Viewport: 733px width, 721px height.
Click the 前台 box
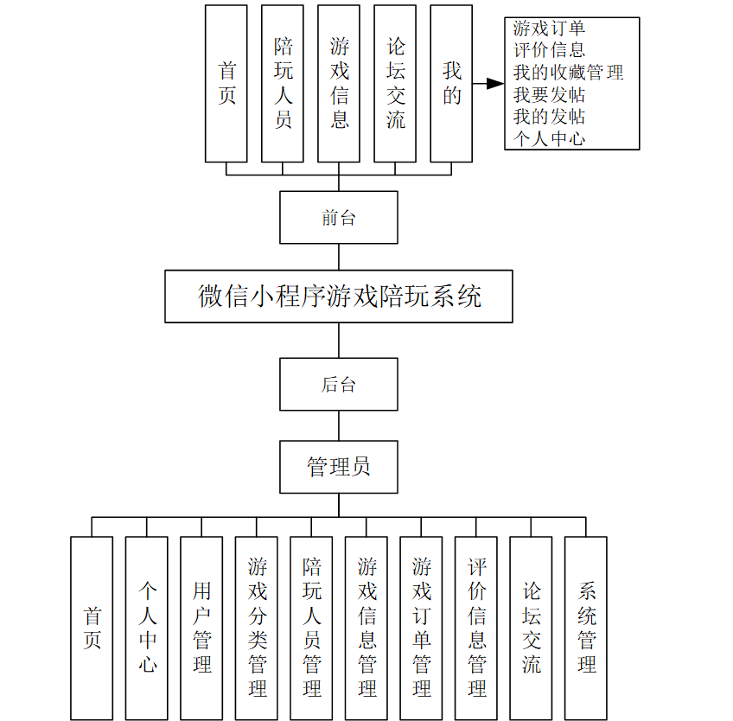(339, 218)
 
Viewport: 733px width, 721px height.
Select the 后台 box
(339, 385)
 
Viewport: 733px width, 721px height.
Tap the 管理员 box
(339, 467)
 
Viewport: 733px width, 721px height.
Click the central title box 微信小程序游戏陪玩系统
(339, 297)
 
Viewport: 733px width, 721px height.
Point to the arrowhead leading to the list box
(495, 84)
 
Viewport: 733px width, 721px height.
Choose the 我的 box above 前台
(451, 84)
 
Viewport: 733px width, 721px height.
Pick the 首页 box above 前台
(226, 84)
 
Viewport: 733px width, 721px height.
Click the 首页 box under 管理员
(92, 628)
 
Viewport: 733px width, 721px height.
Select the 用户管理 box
(201, 628)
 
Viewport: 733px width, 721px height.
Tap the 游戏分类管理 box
(257, 628)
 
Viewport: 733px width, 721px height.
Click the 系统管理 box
(586, 628)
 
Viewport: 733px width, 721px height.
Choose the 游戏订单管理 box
(421, 628)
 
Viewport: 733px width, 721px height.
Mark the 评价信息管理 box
(476, 628)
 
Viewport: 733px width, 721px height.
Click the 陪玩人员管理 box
(311, 628)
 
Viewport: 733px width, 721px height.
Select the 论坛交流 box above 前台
(395, 84)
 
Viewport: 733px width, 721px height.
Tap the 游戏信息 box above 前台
(339, 84)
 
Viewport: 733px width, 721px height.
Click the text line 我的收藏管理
(568, 73)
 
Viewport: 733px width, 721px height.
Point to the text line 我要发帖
(549, 95)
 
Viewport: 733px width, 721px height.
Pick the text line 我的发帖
(549, 117)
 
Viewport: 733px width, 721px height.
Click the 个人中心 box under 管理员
(147, 628)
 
